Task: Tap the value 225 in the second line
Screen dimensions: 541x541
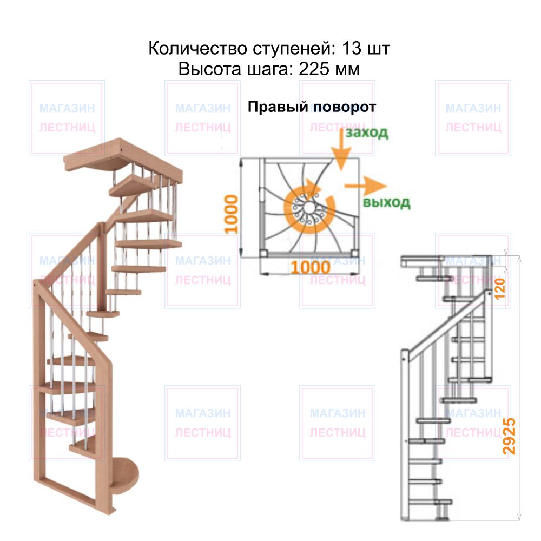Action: point(313,69)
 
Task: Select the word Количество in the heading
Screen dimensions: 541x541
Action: point(197,48)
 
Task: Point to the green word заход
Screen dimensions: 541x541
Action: point(367,133)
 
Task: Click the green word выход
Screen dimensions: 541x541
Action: point(386,202)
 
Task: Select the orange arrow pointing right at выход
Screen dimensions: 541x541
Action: point(365,186)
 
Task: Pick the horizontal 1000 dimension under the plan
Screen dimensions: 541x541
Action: point(311,267)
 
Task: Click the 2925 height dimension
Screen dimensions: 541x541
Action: point(509,436)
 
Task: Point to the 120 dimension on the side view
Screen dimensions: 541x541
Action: point(500,288)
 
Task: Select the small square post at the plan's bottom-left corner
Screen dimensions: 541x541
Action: point(263,254)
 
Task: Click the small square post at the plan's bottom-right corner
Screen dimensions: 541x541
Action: point(355,254)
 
